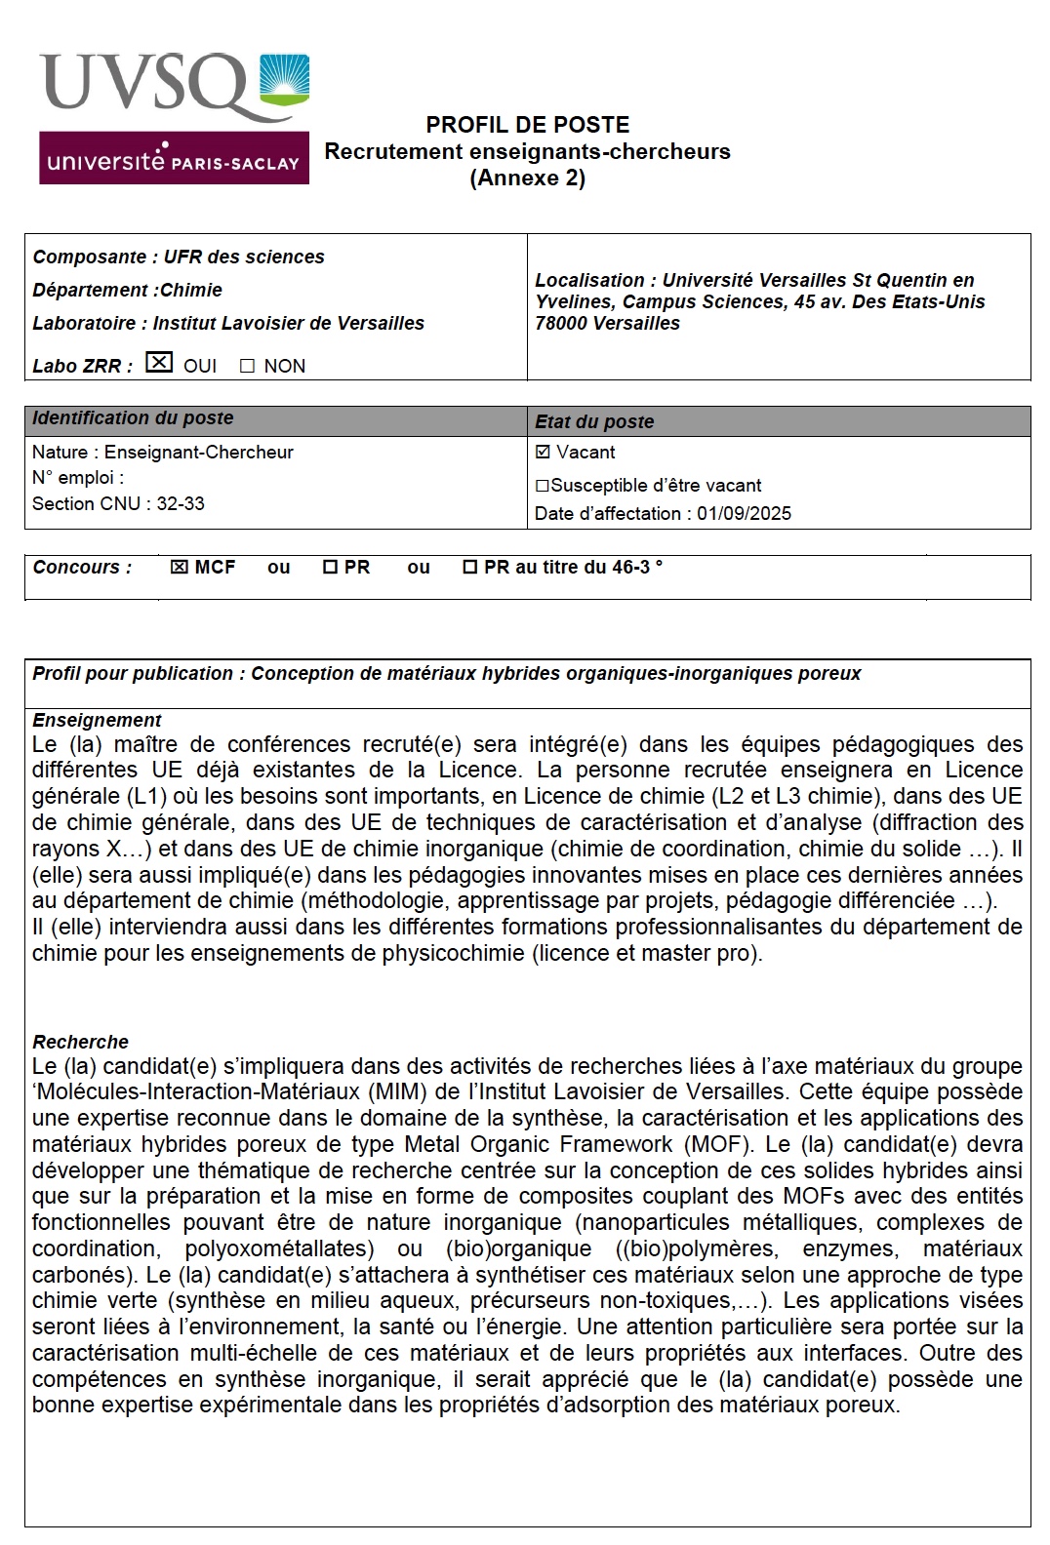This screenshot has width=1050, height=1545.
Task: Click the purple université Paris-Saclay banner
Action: pyautogui.click(x=174, y=159)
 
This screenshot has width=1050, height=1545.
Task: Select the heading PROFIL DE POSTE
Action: pyautogui.click(x=527, y=125)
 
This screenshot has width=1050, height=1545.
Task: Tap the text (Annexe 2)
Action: pyautogui.click(x=527, y=178)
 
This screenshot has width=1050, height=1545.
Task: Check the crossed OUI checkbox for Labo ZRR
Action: pyautogui.click(x=159, y=363)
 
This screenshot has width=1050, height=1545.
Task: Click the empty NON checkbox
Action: pyautogui.click(x=247, y=367)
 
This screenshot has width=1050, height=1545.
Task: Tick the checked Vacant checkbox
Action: pyautogui.click(x=544, y=452)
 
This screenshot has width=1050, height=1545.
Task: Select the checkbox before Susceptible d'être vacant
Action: pyautogui.click(x=543, y=486)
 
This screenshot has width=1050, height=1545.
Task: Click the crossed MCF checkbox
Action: pyautogui.click(x=179, y=568)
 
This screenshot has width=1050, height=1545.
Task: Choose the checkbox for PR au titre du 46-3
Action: pyautogui.click(x=469, y=568)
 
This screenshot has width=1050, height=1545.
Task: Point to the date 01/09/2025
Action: pyautogui.click(x=744, y=514)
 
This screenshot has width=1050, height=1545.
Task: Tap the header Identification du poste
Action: pyautogui.click(x=133, y=418)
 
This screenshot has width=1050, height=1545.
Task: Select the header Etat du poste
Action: pyautogui.click(x=594, y=422)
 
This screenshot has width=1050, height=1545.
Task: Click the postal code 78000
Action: pyautogui.click(x=563, y=324)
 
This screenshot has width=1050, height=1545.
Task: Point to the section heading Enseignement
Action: pyautogui.click(x=97, y=721)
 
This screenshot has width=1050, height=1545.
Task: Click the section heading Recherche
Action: pyautogui.click(x=80, y=1042)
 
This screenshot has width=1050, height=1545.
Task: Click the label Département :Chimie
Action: pyautogui.click(x=127, y=291)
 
